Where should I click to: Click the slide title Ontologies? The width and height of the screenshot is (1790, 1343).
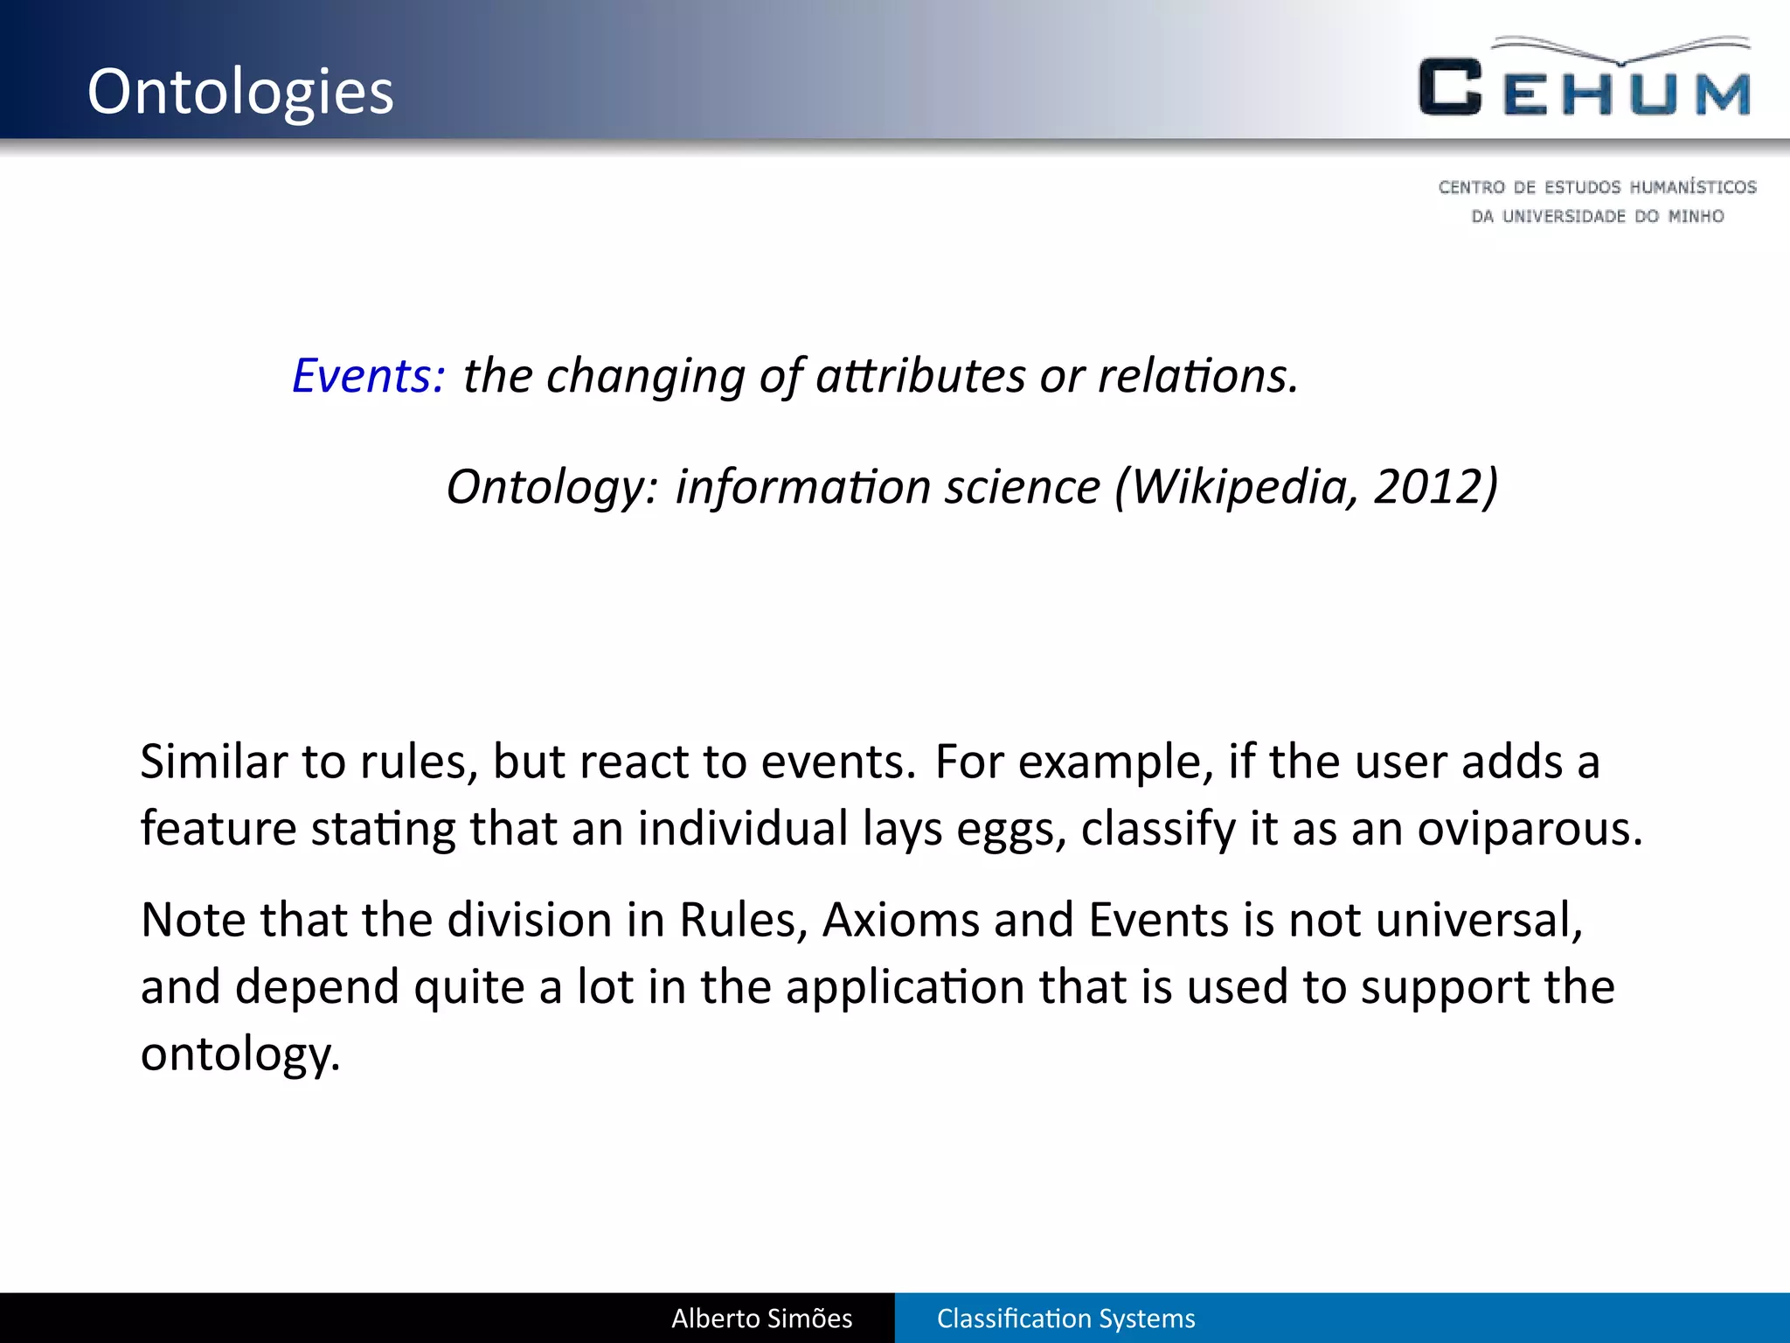coord(240,92)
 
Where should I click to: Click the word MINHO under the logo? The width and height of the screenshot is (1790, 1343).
coord(1696,216)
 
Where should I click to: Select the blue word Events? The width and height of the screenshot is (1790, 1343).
coord(368,376)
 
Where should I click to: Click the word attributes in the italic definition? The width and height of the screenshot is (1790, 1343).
coord(920,376)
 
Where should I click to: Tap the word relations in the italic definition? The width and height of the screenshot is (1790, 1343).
coord(1197,376)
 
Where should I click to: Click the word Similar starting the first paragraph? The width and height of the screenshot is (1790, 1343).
coord(213,761)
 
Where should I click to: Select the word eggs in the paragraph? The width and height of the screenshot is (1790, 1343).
coord(1010,828)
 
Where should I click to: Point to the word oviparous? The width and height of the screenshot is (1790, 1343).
coord(1529,828)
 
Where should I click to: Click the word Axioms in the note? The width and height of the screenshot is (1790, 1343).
coord(900,920)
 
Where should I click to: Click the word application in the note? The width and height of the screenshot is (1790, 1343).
coord(905,987)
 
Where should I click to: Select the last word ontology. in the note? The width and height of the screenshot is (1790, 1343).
coord(239,1054)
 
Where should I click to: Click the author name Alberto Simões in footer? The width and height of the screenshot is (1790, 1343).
coord(761,1319)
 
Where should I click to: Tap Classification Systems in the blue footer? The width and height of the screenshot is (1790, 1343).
coord(1065,1319)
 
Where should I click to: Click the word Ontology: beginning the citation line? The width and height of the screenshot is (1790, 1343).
coord(551,486)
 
